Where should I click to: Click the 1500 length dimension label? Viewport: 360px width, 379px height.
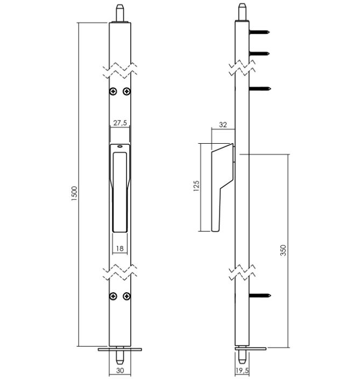coord(74,194)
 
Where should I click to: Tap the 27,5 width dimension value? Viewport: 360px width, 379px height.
coord(120,123)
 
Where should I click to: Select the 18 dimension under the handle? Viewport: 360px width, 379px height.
coord(120,248)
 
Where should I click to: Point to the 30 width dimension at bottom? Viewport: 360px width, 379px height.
coord(120,370)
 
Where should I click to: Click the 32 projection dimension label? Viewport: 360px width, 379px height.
coord(223,125)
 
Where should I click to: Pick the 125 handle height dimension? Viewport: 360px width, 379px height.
coord(196,186)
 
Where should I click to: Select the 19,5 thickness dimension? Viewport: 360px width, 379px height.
coord(242,370)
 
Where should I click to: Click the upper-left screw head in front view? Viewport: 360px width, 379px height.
coord(113,92)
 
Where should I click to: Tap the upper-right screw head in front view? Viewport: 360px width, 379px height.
coord(127,92)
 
